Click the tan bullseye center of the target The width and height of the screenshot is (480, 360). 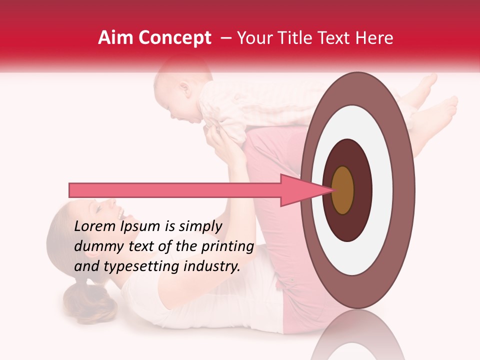(x=343, y=190)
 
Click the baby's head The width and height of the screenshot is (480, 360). (x=177, y=92)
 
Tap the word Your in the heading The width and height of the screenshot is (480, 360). (x=253, y=38)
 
